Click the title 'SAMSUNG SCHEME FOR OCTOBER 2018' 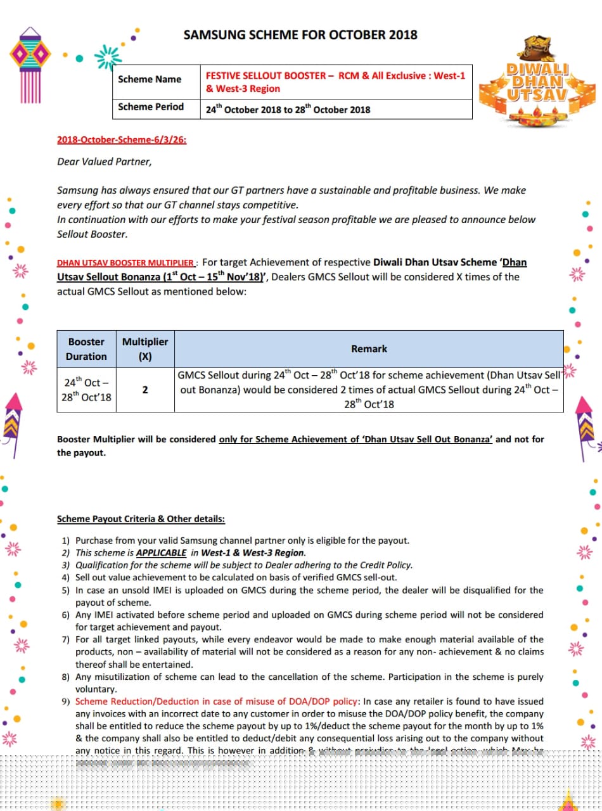pyautogui.click(x=300, y=35)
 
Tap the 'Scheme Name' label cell pyautogui.click(x=150, y=79)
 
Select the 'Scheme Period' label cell pyautogui.click(x=151, y=107)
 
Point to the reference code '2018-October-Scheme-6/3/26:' pyautogui.click(x=122, y=140)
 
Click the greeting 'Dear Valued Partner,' pyautogui.click(x=105, y=162)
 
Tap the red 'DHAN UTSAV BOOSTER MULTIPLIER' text pyautogui.click(x=125, y=263)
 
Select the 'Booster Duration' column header pyautogui.click(x=86, y=349)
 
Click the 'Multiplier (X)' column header pyautogui.click(x=145, y=349)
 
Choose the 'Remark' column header pyautogui.click(x=369, y=349)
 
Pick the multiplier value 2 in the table pyautogui.click(x=145, y=390)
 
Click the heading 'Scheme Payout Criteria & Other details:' pyautogui.click(x=141, y=519)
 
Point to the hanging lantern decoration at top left pyautogui.click(x=30, y=60)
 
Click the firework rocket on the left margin pyautogui.click(x=12, y=418)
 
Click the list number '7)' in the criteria pyautogui.click(x=66, y=639)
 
